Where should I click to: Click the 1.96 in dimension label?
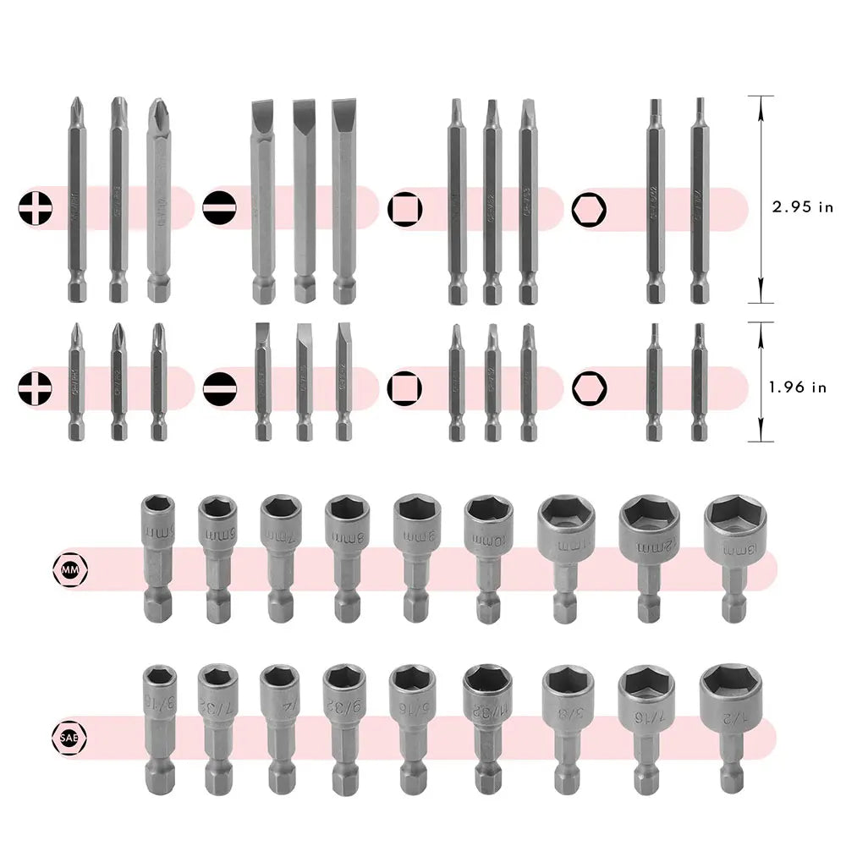[797, 387]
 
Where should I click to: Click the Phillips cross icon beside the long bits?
[33, 208]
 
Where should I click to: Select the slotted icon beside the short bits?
[219, 387]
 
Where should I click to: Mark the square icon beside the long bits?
[403, 208]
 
